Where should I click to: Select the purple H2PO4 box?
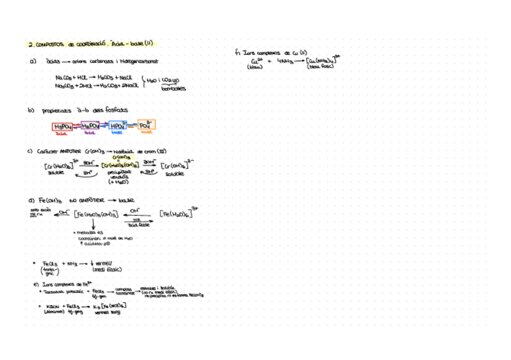90,126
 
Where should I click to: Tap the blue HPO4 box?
118,125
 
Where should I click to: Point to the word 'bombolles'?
174,89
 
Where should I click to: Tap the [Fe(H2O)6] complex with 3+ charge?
179,213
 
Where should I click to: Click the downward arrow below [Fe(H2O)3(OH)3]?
93,224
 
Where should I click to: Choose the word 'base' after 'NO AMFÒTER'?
127,200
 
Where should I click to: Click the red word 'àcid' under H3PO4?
61,133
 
